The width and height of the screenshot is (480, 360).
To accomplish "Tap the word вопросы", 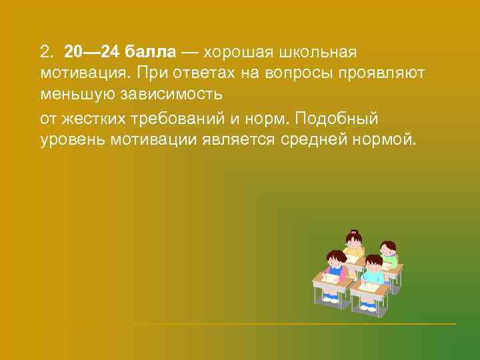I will pyautogui.click(x=299, y=74).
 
